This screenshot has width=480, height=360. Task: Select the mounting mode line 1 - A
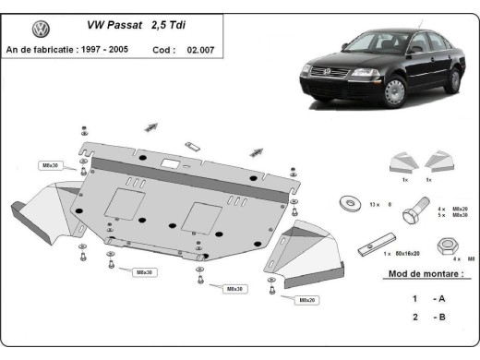(427, 298)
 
